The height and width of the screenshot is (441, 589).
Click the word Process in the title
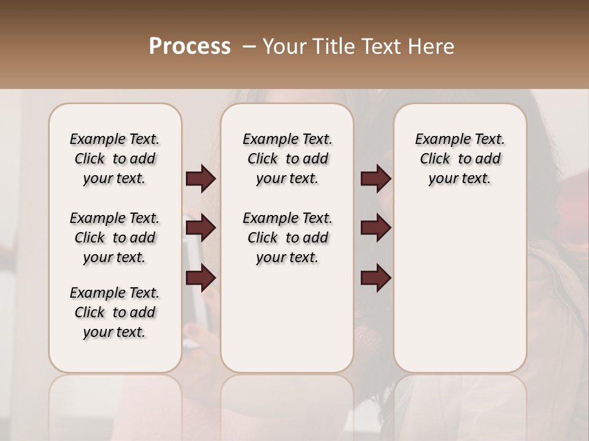(190, 47)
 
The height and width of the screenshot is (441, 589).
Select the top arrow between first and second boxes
(201, 178)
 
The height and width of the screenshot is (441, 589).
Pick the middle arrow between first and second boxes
(201, 228)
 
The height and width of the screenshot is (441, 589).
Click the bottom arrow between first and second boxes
(201, 279)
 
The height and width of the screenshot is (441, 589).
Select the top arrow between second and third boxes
(375, 178)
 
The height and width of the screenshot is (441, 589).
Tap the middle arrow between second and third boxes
(375, 228)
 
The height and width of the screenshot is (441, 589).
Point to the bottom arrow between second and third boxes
(375, 279)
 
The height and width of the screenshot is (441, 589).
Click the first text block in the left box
(115, 159)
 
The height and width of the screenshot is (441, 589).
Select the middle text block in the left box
(115, 238)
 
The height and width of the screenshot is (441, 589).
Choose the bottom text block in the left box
(115, 312)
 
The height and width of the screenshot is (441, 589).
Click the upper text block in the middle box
(287, 159)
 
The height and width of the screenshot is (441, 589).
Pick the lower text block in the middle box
(287, 238)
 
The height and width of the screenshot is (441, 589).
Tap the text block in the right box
(460, 159)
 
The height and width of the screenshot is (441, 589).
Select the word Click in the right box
(435, 159)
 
